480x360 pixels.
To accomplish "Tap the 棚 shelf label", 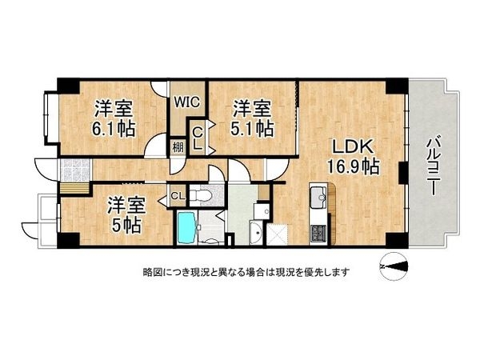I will click(176, 146).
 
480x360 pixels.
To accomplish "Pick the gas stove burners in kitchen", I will click(316, 233).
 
